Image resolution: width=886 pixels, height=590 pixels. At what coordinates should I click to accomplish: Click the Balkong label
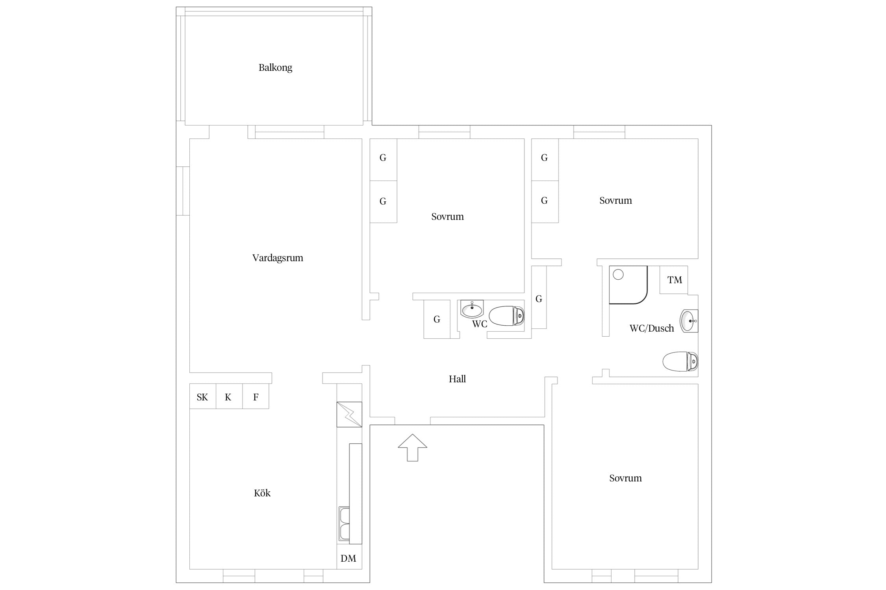275,68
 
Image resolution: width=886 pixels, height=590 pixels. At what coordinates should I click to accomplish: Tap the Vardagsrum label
278,258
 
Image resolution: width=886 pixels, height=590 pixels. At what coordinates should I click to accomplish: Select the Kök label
262,493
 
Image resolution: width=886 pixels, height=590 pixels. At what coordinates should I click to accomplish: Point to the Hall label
457,379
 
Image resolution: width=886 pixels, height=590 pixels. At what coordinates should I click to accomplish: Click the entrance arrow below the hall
412,447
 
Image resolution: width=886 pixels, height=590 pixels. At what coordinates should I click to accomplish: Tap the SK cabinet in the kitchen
202,396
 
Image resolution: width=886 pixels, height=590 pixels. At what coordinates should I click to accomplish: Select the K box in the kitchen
229,396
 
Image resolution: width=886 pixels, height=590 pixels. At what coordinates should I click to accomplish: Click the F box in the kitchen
256,396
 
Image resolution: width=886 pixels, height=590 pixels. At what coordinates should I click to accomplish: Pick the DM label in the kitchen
348,558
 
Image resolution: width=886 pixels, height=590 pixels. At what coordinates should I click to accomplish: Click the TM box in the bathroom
674,280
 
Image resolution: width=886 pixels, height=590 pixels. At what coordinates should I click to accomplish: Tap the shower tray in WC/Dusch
628,285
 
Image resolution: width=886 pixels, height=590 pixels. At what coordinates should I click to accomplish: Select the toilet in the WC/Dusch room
680,361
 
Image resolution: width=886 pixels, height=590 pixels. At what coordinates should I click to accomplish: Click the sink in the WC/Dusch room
689,321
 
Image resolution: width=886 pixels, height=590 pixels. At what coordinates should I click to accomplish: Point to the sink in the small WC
472,309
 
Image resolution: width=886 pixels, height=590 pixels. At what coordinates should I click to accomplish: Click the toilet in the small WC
507,316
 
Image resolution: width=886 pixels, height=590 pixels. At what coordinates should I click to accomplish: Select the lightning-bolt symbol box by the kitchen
349,415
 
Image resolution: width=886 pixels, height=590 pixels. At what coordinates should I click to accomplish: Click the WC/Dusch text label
652,328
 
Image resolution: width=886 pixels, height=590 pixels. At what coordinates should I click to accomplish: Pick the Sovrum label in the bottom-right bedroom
625,478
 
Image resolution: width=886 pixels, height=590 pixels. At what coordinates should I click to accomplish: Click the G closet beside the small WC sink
437,319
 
